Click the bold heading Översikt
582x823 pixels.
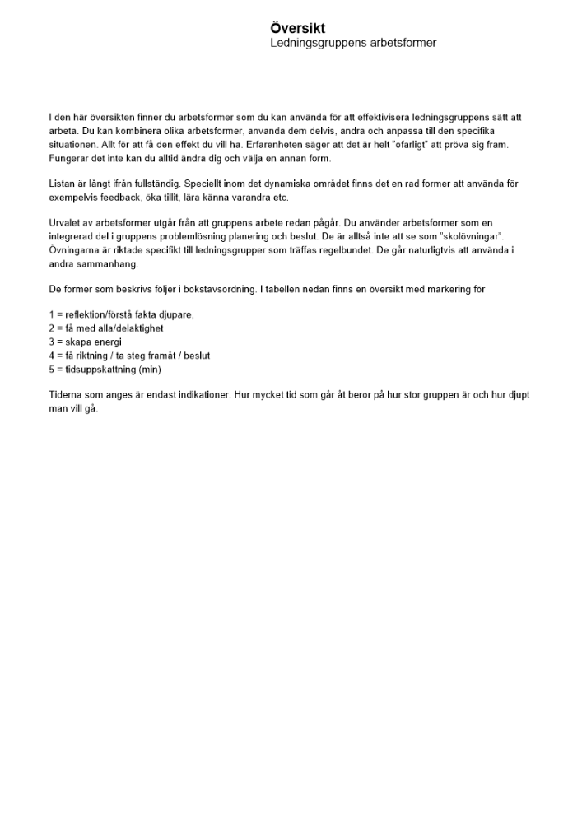tap(297, 29)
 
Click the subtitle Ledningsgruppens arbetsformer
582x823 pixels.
tap(352, 43)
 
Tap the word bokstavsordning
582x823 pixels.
tap(217, 290)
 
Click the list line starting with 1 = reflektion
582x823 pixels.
tap(121, 315)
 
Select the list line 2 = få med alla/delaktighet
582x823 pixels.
tap(105, 328)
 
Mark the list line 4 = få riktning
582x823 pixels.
tap(129, 355)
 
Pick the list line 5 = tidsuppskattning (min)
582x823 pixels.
tap(104, 368)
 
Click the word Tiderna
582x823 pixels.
tap(66, 395)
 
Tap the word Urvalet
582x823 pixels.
tap(66, 224)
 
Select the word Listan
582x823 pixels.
tap(63, 184)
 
